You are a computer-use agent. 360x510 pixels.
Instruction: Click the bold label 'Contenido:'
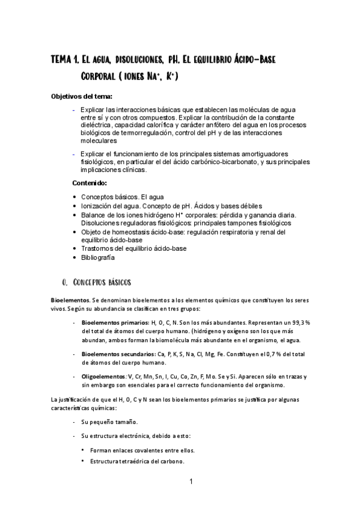pos(90,182)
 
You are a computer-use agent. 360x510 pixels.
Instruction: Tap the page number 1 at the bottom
pos(191,482)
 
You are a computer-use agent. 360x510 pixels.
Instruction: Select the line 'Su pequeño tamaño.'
pos(109,422)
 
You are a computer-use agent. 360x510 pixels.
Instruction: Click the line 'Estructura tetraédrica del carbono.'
pos(136,461)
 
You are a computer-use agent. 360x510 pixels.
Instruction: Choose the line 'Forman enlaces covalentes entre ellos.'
pos(142,450)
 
